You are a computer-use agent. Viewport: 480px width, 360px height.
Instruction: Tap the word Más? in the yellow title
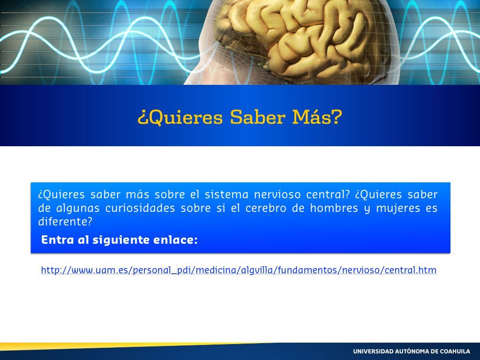pyautogui.click(x=317, y=117)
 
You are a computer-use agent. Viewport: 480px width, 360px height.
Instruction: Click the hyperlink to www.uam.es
pyautogui.click(x=239, y=270)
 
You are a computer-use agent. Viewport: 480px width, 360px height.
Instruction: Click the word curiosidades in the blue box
pyautogui.click(x=140, y=208)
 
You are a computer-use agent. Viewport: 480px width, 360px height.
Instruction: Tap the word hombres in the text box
pyautogui.click(x=334, y=208)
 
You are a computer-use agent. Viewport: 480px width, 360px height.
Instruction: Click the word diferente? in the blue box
pyautogui.click(x=65, y=222)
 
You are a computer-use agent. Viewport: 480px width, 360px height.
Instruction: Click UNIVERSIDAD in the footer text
pyautogui.click(x=373, y=352)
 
